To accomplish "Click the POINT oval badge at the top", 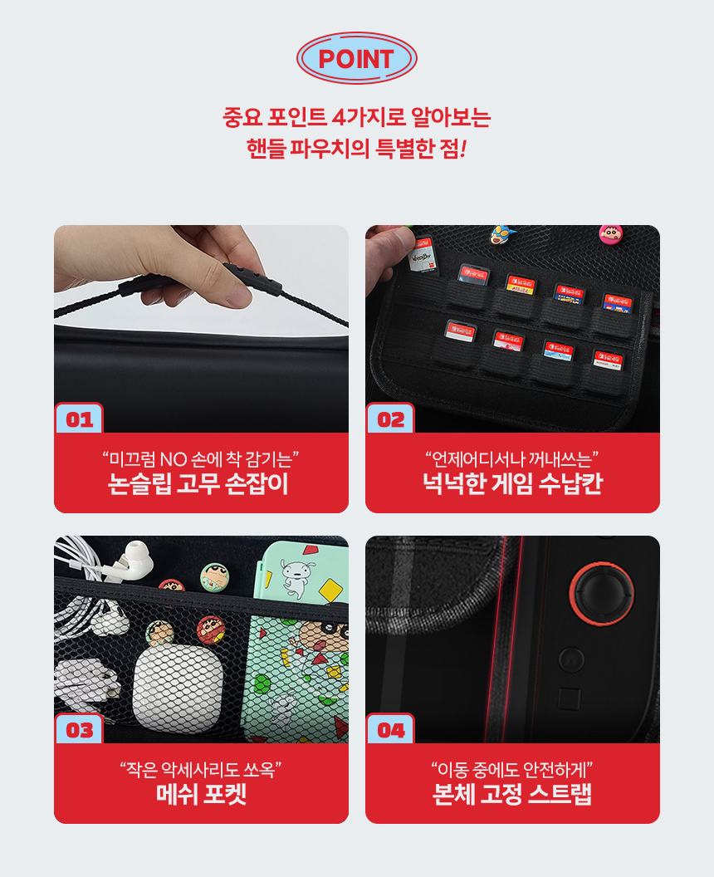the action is [357, 58].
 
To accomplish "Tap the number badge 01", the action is [79, 419].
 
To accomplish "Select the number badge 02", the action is [390, 419].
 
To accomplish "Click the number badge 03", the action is [79, 729].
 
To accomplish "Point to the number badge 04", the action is [390, 729].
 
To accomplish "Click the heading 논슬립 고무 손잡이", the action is [198, 484].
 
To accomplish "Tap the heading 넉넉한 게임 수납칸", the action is [512, 484].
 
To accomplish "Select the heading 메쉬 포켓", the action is [201, 794].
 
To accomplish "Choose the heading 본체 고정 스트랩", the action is [512, 794].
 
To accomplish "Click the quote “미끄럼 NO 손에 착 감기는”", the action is [201, 459].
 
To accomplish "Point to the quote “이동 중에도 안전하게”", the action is [512, 770].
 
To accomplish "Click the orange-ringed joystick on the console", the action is [602, 594].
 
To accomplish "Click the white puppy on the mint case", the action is [296, 578].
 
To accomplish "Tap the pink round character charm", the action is [611, 234].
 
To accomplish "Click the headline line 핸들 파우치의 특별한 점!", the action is [357, 149].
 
